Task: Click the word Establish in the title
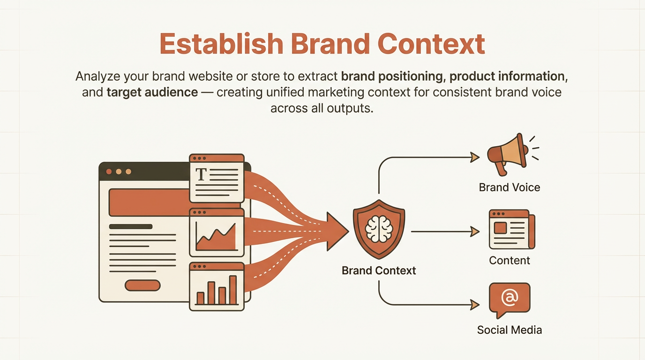(221, 44)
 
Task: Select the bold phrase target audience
(152, 92)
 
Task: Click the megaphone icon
(507, 153)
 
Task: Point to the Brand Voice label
(509, 187)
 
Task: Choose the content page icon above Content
(511, 229)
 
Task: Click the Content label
(509, 261)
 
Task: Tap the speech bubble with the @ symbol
(509, 298)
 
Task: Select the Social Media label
(509, 330)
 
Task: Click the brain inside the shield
(378, 229)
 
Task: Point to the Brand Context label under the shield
(379, 270)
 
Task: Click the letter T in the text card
(201, 174)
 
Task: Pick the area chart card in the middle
(217, 232)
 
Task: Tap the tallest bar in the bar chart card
(232, 290)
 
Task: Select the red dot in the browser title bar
(109, 172)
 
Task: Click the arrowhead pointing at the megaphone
(475, 157)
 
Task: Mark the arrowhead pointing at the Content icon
(475, 231)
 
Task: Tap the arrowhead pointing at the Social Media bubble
(475, 305)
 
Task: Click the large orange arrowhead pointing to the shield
(338, 231)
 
